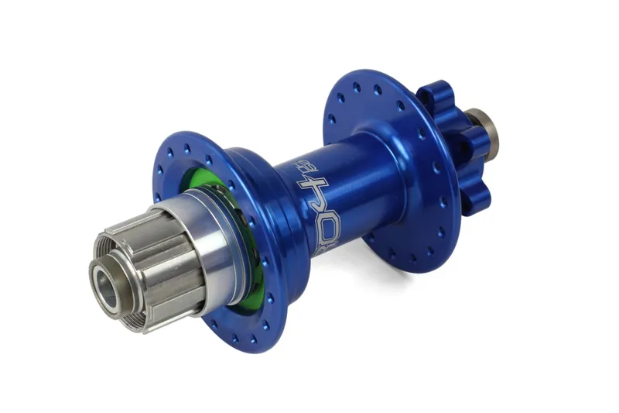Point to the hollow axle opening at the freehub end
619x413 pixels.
(106, 284)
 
